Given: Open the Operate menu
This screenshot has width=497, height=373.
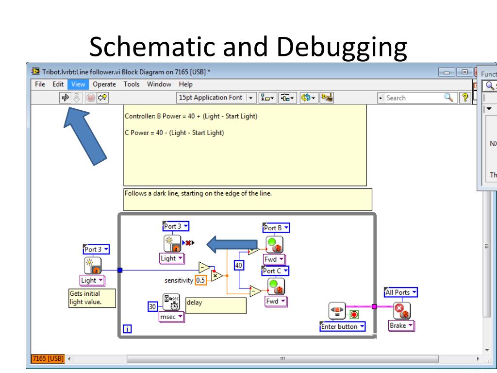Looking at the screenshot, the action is click(105, 84).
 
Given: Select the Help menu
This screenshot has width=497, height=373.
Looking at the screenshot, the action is click(186, 84).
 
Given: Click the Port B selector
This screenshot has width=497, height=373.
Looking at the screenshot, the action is click(276, 227).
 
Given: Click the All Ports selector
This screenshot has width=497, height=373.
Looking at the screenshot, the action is click(401, 292).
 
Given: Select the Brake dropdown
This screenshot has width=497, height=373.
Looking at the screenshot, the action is click(401, 325).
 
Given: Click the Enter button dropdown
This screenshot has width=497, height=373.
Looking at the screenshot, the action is click(343, 326).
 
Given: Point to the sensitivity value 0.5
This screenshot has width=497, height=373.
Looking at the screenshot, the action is click(200, 280).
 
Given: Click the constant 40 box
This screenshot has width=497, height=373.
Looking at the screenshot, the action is click(238, 265).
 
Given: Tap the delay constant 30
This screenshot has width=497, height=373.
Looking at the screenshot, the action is click(152, 306).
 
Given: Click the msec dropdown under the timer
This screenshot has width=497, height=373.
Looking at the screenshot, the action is click(172, 317).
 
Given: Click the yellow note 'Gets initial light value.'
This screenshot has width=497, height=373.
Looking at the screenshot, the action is click(92, 298).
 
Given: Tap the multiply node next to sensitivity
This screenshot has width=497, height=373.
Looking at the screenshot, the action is click(217, 276).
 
